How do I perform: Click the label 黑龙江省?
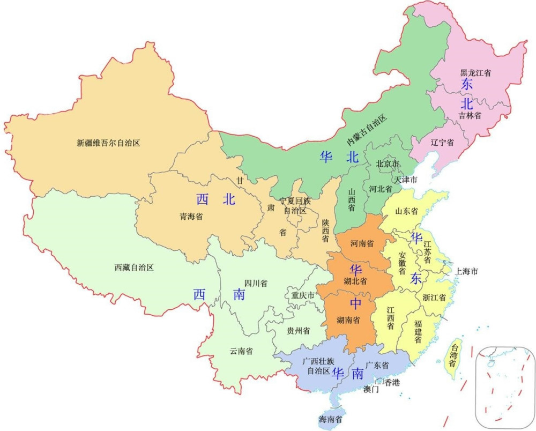476,72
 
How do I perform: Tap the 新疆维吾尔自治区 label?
108,143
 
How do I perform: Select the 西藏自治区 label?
134,267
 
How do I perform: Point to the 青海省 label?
191,217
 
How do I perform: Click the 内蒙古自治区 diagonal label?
366,130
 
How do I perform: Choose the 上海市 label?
466,271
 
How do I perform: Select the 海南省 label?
331,420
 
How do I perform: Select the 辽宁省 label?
442,143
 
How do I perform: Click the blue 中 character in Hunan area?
355,303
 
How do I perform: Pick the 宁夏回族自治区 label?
295,206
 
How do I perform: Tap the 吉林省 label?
470,115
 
